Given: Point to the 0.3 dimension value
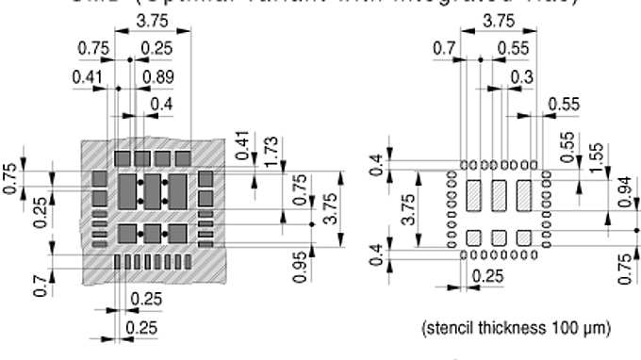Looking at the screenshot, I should point(518,76).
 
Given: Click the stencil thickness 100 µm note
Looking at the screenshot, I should point(516,328).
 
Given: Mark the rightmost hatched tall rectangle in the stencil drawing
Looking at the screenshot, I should point(523,196).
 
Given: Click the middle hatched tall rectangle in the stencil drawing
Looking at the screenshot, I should point(499,196).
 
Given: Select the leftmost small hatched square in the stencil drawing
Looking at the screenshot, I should point(474,236).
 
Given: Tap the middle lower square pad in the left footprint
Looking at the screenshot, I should point(152,232).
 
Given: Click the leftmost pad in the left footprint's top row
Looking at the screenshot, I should point(123,156).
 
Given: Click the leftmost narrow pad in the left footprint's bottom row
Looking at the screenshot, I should point(119,261).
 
